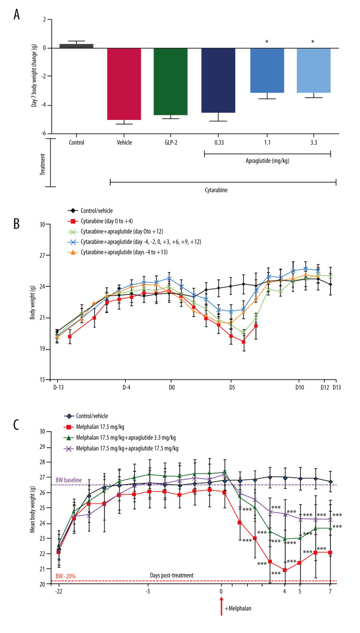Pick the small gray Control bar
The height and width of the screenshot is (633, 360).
pos(76,46)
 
